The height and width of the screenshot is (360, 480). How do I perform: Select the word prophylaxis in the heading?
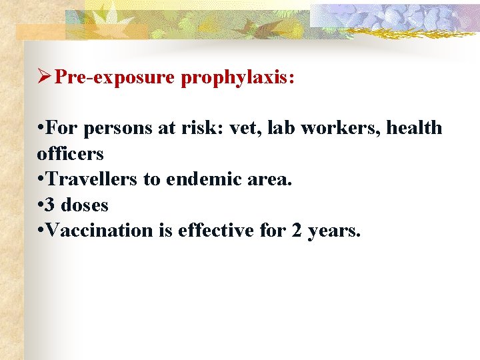click(x=237, y=78)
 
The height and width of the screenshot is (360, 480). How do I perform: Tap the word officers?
click(x=71, y=154)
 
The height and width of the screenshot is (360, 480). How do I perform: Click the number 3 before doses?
click(x=51, y=205)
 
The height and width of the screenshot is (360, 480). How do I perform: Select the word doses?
click(x=85, y=205)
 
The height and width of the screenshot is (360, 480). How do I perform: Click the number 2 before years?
click(x=297, y=231)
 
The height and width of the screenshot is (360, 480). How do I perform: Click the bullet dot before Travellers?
click(x=41, y=180)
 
